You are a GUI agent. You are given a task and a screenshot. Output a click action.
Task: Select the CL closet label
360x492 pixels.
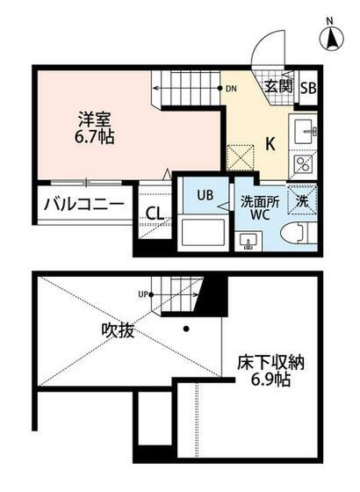(x=154, y=213)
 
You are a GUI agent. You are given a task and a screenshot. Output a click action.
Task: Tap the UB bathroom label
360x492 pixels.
(x=205, y=195)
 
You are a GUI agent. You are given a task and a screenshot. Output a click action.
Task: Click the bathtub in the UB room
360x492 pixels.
(x=203, y=235)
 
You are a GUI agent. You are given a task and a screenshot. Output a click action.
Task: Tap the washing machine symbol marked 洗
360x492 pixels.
(x=302, y=199)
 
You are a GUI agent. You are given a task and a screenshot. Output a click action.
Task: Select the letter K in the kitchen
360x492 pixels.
(x=271, y=143)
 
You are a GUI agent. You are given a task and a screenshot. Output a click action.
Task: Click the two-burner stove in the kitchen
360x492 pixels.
(x=304, y=164)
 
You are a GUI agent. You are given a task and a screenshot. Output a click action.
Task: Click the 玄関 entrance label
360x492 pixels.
(x=278, y=86)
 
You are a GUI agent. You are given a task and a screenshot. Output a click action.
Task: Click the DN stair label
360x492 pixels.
(x=231, y=89)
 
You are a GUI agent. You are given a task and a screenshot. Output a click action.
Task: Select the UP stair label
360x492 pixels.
(x=142, y=295)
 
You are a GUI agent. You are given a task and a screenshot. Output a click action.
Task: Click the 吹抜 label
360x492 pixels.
(x=116, y=331)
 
